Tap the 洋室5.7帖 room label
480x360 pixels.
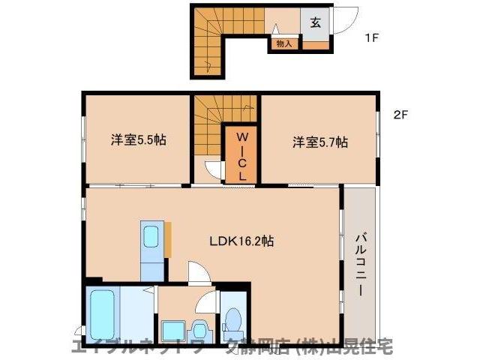(x=320, y=140)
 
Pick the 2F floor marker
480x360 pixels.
(x=400, y=115)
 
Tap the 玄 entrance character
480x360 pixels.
(x=316, y=22)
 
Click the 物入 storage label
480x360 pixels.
(x=284, y=44)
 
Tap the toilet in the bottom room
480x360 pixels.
(x=233, y=322)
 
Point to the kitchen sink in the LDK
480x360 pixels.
(x=150, y=238)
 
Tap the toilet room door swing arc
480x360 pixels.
(x=204, y=304)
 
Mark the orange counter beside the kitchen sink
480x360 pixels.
(x=169, y=239)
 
